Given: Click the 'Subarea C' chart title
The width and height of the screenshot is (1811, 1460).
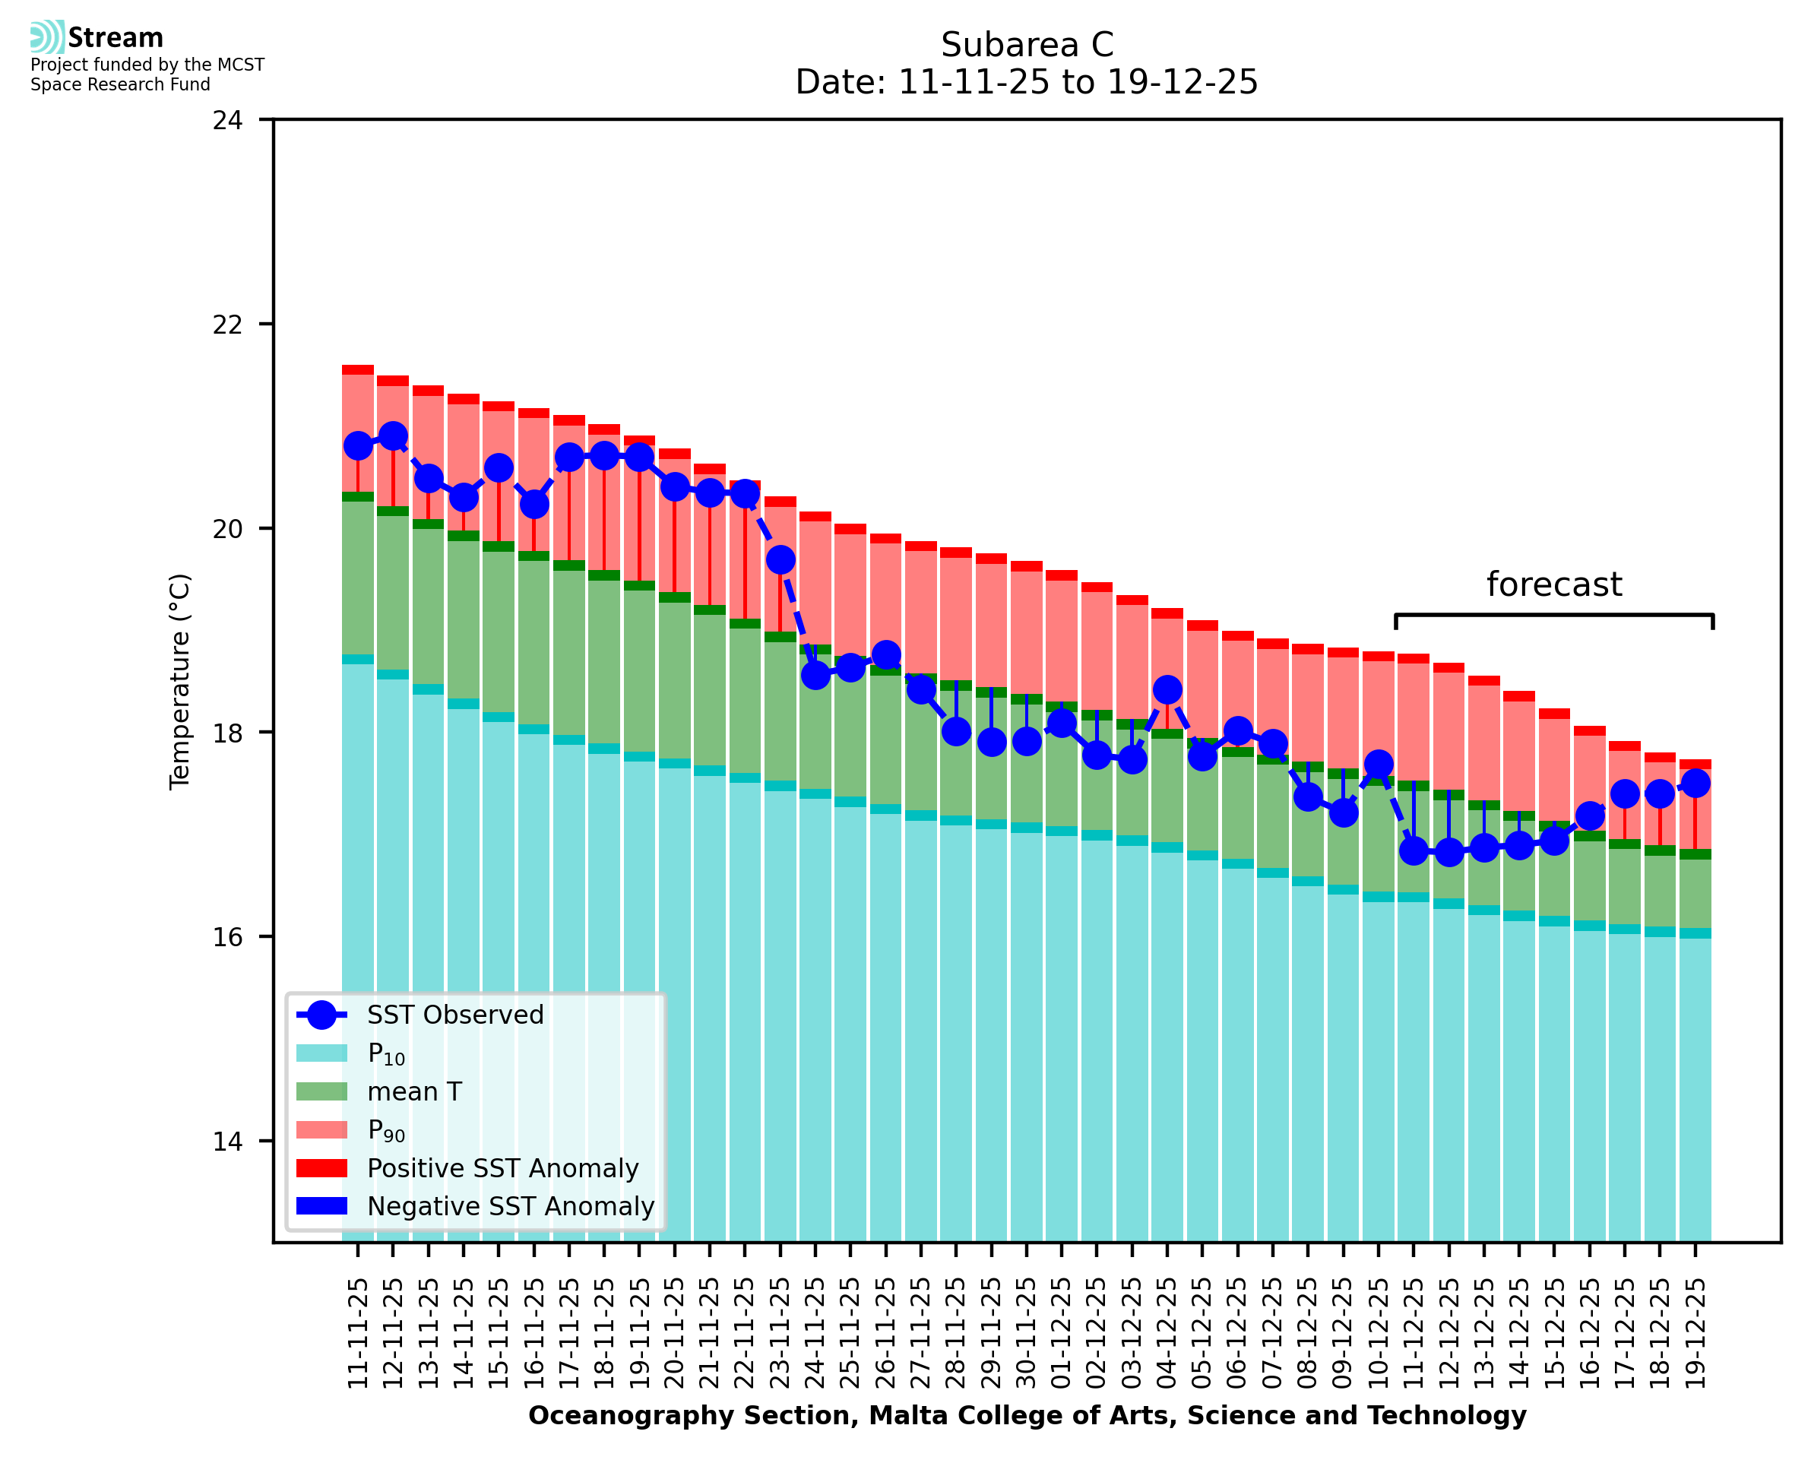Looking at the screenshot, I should (1027, 45).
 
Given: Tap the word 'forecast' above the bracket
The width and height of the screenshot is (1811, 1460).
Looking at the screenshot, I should (1553, 584).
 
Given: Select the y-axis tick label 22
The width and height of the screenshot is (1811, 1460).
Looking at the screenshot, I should (227, 325).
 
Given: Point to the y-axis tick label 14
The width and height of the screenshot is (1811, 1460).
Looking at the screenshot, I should (227, 1142).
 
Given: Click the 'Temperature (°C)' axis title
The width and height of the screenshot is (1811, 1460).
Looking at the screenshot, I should (180, 681).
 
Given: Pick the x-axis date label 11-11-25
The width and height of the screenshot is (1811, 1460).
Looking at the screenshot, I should (358, 1334).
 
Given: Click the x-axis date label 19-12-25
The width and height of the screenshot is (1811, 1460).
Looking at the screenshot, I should (1695, 1334).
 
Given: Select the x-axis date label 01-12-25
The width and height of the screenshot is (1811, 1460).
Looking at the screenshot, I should (1062, 1334).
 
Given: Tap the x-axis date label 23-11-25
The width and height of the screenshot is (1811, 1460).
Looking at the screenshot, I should (780, 1334).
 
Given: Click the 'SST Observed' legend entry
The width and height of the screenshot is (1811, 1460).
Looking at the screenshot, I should (455, 1015).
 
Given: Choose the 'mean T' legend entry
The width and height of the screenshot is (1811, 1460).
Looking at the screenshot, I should (414, 1091).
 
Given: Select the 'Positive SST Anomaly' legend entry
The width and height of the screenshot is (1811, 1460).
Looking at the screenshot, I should (503, 1168).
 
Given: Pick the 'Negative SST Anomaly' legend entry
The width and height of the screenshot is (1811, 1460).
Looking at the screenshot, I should (511, 1206).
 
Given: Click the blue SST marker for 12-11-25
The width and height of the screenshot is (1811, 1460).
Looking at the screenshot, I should (394, 435).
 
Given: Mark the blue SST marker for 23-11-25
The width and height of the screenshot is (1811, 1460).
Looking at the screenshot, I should (780, 559).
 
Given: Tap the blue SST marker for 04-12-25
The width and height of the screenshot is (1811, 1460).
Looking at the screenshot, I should (1167, 689).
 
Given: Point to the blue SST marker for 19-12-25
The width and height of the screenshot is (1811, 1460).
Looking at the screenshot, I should (1695, 783).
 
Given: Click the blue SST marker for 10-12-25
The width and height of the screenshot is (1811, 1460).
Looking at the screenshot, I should (1378, 764).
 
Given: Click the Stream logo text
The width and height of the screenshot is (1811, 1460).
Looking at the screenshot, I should (116, 38).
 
